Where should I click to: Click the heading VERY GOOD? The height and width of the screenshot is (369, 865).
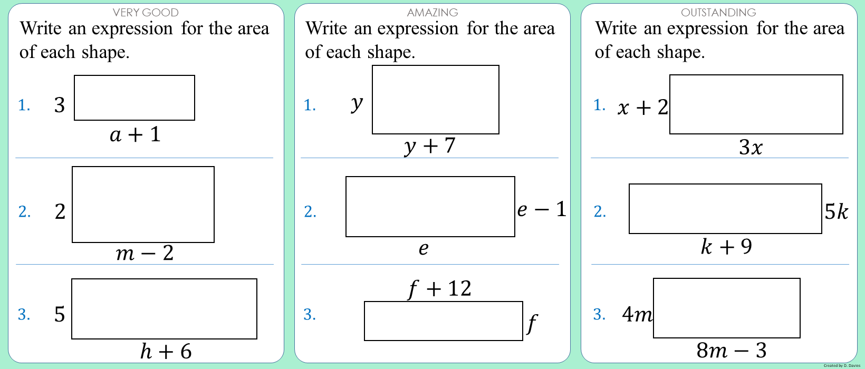coord(146,12)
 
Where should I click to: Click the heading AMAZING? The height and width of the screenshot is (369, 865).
coord(432,12)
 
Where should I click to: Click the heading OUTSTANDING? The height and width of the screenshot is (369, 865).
coord(718,12)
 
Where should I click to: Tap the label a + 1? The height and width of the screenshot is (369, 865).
coord(135,135)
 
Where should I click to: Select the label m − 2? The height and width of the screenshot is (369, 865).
coord(145,254)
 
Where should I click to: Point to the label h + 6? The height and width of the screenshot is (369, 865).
coord(166,352)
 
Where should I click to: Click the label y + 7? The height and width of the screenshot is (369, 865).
coord(430,145)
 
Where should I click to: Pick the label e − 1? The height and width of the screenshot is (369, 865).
coord(542,210)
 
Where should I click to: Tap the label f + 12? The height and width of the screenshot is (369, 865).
coord(440,289)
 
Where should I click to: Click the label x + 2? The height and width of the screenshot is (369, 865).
coord(642,108)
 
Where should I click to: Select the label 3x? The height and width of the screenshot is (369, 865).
coord(751,147)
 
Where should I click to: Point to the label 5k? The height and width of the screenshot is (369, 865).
coord(837,212)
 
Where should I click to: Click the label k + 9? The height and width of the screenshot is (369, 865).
coord(726,247)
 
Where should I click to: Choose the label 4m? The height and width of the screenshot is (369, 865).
coord(637,315)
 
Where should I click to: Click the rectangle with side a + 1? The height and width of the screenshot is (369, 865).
coord(134,98)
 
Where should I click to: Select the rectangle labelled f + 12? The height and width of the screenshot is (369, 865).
coord(443,321)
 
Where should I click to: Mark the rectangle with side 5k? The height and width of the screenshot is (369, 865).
coord(725,209)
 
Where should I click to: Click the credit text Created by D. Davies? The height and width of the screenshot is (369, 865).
coord(842,365)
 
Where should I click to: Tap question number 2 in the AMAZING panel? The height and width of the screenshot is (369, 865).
coord(310,212)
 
